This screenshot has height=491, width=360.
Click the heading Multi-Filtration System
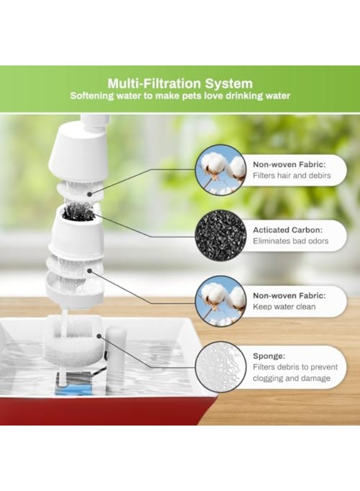[x=180, y=83]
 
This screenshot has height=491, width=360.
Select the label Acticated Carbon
[x=287, y=230]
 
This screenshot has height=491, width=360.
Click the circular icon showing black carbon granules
[x=220, y=236]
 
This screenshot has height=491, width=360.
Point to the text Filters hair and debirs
[x=292, y=176]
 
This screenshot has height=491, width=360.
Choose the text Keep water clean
[x=284, y=307]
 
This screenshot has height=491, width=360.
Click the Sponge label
[x=268, y=356]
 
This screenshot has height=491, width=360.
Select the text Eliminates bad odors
[x=291, y=241]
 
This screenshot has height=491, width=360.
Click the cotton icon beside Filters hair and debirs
[x=220, y=170]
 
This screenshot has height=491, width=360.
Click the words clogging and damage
[x=291, y=378]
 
